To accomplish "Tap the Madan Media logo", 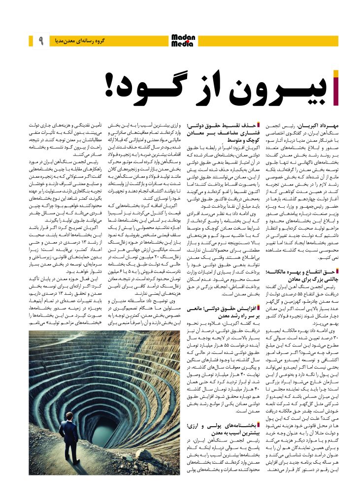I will coord(183,40).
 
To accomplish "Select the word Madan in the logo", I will coord(183,37).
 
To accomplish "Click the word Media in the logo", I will coord(182,44).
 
